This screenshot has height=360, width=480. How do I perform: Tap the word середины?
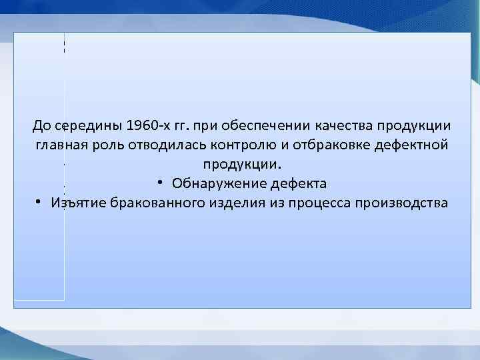coord(85,125)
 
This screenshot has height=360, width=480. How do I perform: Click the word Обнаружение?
coord(215,183)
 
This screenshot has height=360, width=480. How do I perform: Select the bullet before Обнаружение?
coord(162,182)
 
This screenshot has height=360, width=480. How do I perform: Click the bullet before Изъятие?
coord(41,201)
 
